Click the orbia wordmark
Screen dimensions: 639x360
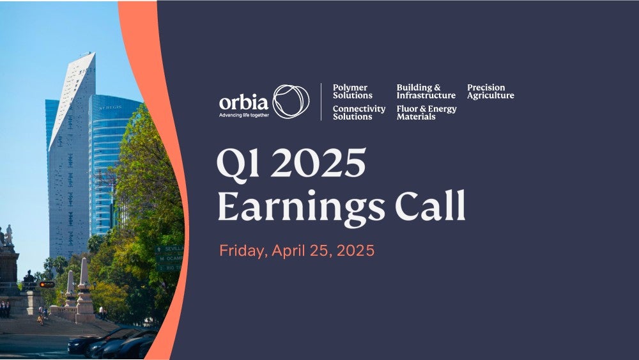coord(243,102)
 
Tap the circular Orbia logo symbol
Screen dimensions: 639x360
coord(291,102)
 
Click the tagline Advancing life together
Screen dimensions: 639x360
coord(244,115)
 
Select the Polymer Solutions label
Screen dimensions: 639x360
coord(353,91)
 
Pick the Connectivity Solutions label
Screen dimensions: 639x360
coord(359,113)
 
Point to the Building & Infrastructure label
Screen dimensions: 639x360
coord(426,91)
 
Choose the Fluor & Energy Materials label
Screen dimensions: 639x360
coord(426,113)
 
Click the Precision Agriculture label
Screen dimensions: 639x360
coord(491,91)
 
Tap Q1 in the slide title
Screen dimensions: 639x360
coord(238,162)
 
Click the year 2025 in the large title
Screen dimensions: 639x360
coord(318,162)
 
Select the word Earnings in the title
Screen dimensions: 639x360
coord(301,207)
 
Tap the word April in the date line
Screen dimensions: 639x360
coord(289,251)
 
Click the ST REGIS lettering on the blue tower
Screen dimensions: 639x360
coord(110,107)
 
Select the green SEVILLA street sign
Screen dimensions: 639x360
coord(169,249)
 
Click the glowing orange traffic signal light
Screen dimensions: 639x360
coord(47,285)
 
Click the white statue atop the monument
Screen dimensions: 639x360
coord(8,235)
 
